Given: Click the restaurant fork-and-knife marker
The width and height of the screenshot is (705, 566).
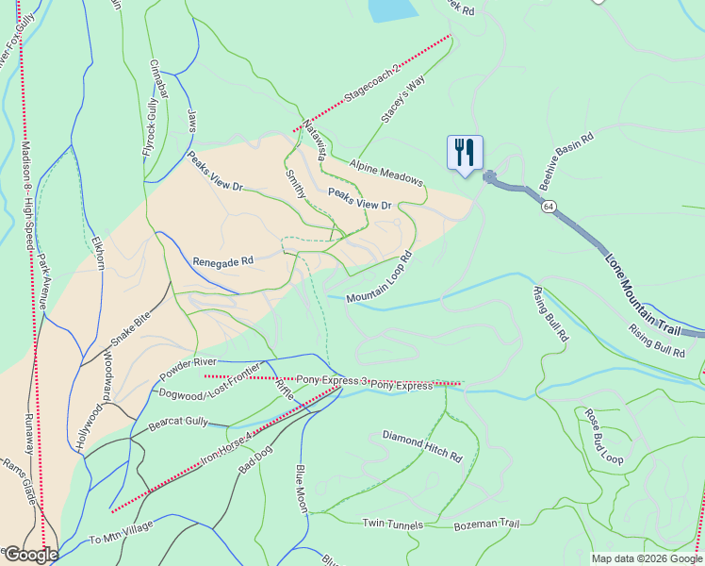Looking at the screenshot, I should [465, 152].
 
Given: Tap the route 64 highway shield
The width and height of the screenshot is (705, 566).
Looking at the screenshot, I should [548, 206].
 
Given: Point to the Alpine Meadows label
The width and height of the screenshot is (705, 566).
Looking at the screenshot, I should [386, 174].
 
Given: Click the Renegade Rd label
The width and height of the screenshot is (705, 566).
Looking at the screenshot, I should [223, 260].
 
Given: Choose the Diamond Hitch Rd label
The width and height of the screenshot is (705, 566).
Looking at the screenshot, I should [422, 445].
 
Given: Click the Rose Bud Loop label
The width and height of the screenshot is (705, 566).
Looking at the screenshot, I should [603, 437].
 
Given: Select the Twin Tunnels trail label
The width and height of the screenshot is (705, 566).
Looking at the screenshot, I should [393, 523].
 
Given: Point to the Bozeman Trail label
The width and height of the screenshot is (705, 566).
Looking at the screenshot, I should [486, 524].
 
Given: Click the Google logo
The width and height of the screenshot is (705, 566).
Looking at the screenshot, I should [30, 555].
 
